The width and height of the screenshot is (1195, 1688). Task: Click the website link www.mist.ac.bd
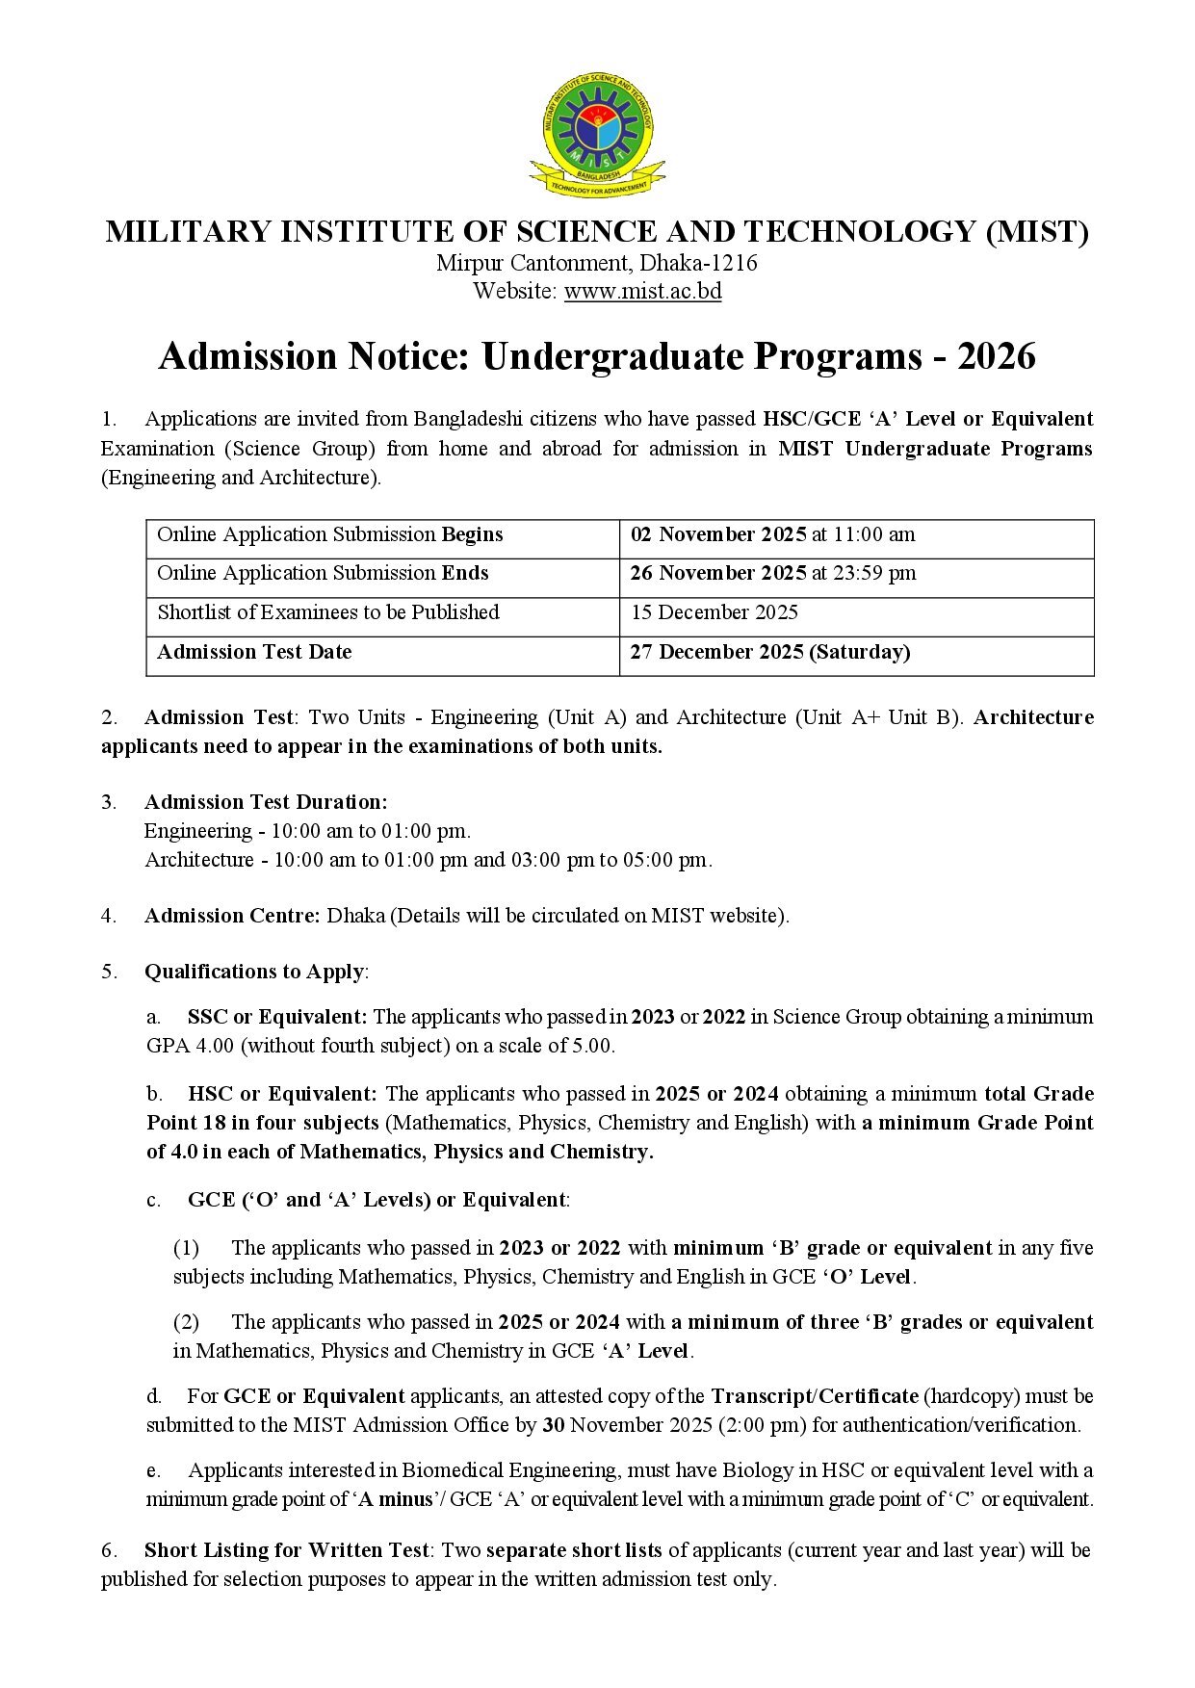coord(642,291)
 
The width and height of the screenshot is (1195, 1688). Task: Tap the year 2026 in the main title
coord(997,356)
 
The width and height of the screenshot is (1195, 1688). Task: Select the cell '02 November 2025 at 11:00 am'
coord(772,534)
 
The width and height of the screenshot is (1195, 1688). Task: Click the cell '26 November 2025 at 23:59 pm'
coord(772,573)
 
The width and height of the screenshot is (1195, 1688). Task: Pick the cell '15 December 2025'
coord(714,612)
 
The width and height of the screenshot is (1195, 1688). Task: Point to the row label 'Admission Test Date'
coord(254,652)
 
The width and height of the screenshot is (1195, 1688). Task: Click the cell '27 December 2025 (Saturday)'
coord(769,652)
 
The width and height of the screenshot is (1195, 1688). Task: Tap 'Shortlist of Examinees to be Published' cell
coord(327,612)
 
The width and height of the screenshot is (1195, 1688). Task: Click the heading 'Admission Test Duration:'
coord(266,802)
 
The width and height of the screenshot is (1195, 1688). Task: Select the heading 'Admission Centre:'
coord(232,916)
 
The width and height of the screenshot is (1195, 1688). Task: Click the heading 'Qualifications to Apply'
coord(254,972)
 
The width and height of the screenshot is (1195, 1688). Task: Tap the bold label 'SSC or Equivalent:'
coord(277,1017)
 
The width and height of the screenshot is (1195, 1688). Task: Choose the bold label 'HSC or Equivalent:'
coord(282,1094)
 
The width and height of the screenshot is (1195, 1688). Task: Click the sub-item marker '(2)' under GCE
coord(186,1322)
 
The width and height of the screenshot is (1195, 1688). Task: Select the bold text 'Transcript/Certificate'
coord(814,1396)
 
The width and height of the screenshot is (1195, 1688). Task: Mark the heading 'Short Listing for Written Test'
coord(286,1550)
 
